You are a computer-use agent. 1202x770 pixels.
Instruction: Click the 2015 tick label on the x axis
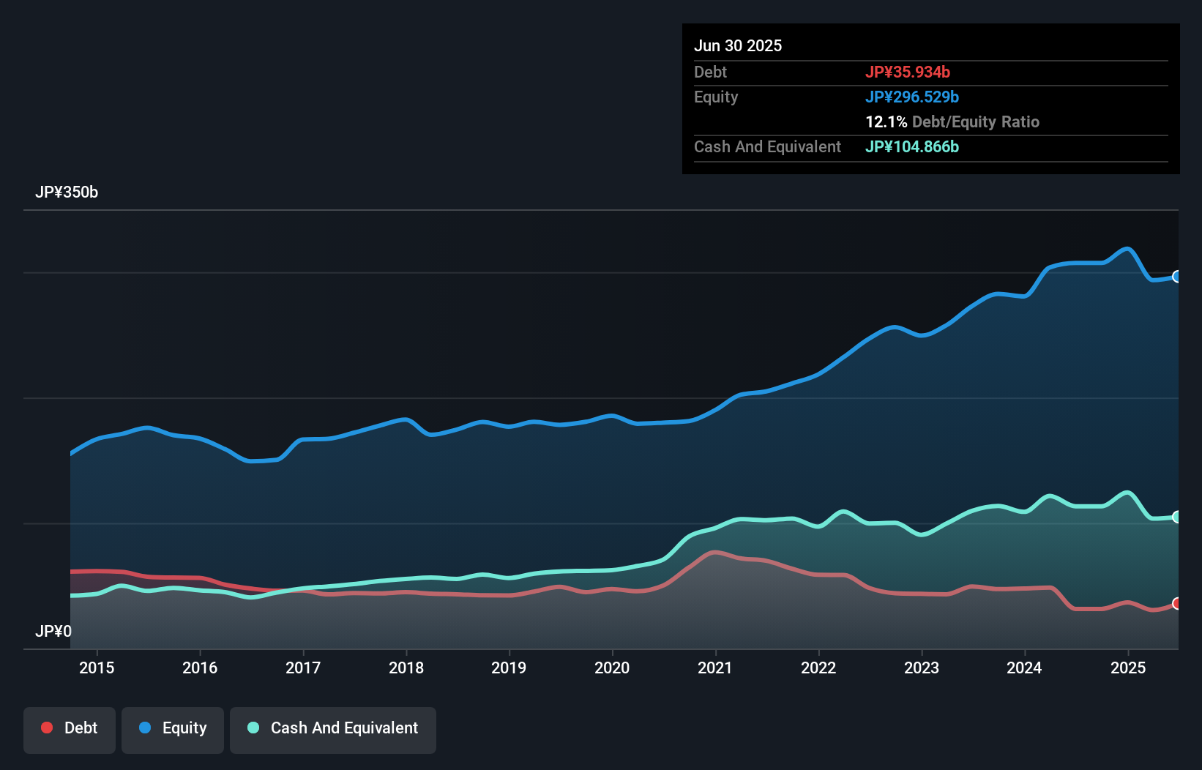point(97,668)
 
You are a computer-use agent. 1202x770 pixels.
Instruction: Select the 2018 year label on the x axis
point(406,668)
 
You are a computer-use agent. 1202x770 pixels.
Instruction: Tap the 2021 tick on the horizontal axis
point(714,668)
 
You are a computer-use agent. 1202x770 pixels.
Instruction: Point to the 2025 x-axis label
point(1127,668)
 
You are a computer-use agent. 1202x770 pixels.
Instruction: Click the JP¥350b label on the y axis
point(67,192)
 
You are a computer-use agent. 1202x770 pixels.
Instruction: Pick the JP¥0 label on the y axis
point(53,631)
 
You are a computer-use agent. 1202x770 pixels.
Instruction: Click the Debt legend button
point(70,728)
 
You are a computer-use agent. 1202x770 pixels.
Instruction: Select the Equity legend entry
point(173,728)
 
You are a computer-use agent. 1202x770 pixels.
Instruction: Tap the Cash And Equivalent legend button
point(333,728)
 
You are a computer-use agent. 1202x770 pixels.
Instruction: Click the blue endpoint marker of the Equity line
point(1177,277)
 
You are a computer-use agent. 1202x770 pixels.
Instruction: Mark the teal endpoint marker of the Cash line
point(1177,517)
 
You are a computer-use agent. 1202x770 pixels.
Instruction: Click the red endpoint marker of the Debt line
point(1177,603)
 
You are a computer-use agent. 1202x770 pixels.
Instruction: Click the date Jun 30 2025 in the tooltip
point(738,45)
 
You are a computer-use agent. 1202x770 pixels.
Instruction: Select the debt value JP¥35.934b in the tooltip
point(908,72)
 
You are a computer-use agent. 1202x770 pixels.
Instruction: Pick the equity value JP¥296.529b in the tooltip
point(912,97)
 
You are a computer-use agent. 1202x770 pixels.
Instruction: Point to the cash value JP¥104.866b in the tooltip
point(912,146)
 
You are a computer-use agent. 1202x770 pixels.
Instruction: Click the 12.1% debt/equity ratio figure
point(886,122)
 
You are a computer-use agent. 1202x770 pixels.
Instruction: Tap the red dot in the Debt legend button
point(47,728)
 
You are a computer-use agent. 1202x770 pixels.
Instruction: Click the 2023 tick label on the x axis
point(921,668)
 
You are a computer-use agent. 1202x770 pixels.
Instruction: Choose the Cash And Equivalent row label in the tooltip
point(767,146)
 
